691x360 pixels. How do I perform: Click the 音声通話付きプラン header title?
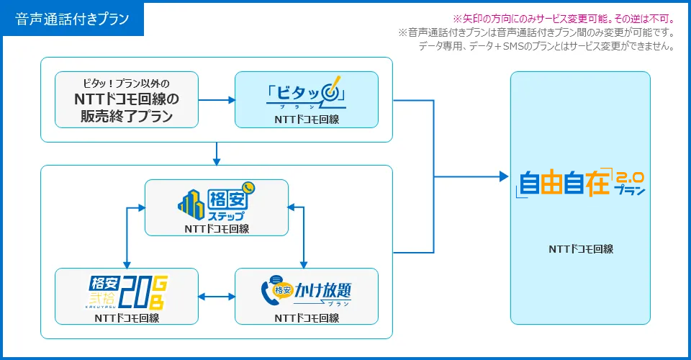72,19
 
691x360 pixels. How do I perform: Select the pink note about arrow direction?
564,19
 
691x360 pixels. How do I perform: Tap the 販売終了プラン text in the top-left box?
127,116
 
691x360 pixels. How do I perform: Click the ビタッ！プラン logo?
306,93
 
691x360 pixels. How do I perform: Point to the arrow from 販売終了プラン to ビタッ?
217,100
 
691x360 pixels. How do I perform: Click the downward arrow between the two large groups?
216,154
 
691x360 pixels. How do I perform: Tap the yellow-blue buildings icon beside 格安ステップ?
191,204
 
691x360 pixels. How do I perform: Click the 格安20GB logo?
127,292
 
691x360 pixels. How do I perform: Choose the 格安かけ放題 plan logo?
306,291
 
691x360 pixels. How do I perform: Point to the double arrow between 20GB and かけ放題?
217,297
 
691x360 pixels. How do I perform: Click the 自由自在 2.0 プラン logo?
580,182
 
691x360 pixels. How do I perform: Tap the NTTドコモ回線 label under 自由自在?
581,249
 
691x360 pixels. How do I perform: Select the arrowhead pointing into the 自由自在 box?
504,176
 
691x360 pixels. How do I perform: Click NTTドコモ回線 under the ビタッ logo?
307,120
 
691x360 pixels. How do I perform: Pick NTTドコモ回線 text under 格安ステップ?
217,229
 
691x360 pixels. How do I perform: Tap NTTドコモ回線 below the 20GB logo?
127,318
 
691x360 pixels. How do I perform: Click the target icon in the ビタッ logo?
331,91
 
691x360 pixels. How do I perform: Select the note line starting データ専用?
546,46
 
